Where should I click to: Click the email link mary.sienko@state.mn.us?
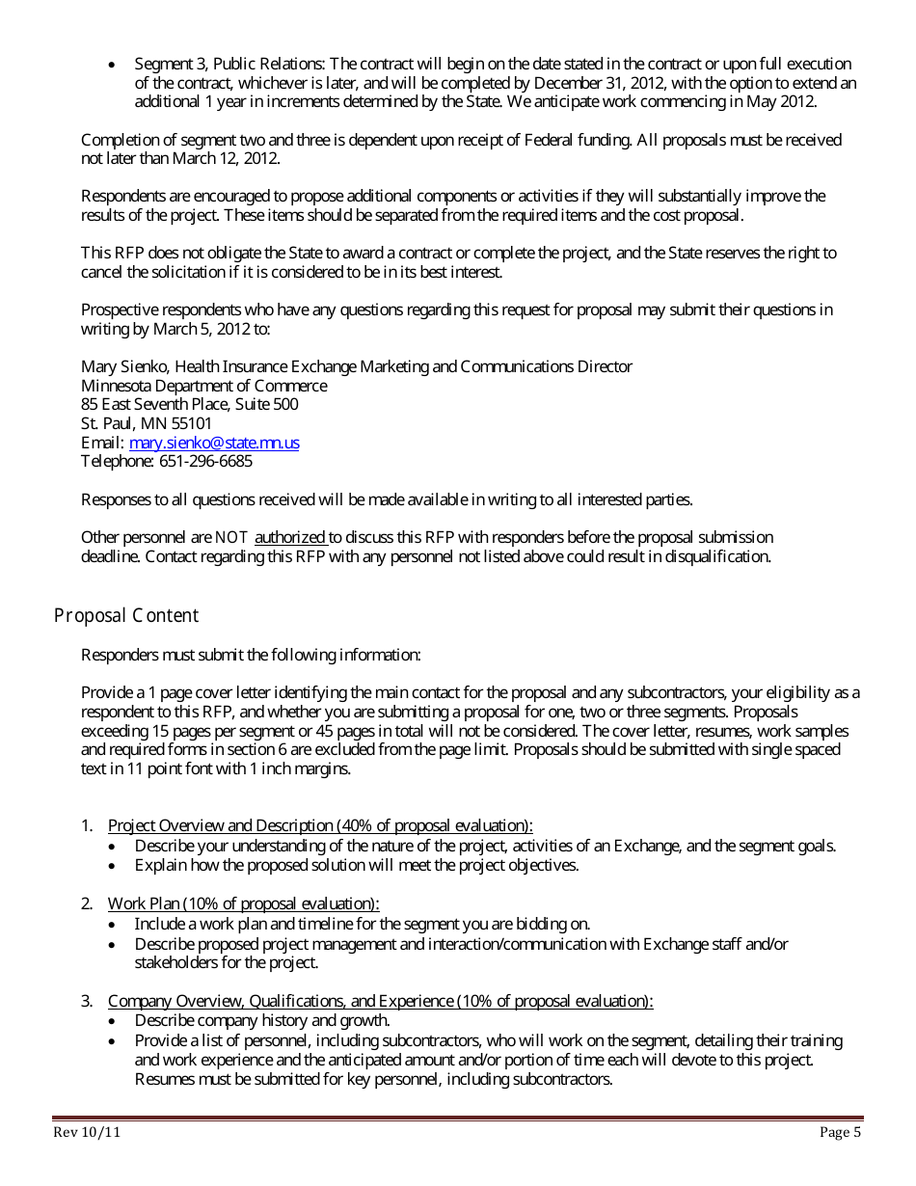214,443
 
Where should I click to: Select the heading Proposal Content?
125,615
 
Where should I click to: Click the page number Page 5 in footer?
840,1133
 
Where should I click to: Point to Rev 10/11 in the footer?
87,1133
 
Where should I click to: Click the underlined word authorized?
290,537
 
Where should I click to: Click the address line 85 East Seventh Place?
189,404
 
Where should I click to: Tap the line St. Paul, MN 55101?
147,423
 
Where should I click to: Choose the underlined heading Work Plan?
243,903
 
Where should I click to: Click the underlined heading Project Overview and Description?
319,825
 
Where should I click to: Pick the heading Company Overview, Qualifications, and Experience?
380,1001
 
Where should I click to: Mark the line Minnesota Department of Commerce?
203,386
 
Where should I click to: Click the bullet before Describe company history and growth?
115,1021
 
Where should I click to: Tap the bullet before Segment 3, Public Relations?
115,65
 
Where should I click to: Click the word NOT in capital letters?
232,537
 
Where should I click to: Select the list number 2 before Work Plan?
86,903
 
